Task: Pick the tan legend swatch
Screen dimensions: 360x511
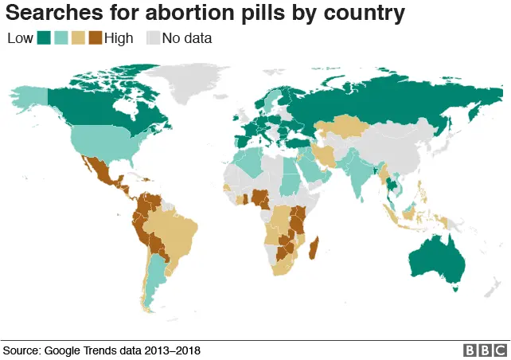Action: [x=79, y=37]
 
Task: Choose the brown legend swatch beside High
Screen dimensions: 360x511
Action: [x=96, y=37]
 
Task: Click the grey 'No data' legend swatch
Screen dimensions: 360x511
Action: [x=153, y=37]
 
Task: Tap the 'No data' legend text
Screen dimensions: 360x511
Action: [x=187, y=37]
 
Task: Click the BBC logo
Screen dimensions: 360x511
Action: [x=484, y=350]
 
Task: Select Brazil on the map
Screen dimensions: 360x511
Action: [x=176, y=231]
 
